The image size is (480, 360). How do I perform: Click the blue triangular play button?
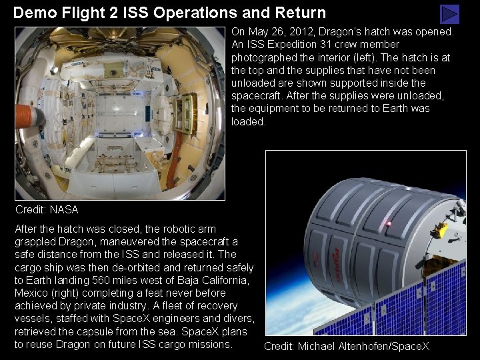pyautogui.click(x=451, y=14)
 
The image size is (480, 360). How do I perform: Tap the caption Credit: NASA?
pyautogui.click(x=47, y=209)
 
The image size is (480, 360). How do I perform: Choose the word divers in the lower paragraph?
pyautogui.click(x=239, y=319)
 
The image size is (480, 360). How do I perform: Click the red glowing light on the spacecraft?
pyautogui.click(x=388, y=224)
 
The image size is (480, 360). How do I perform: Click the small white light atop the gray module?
pyautogui.click(x=409, y=189)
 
